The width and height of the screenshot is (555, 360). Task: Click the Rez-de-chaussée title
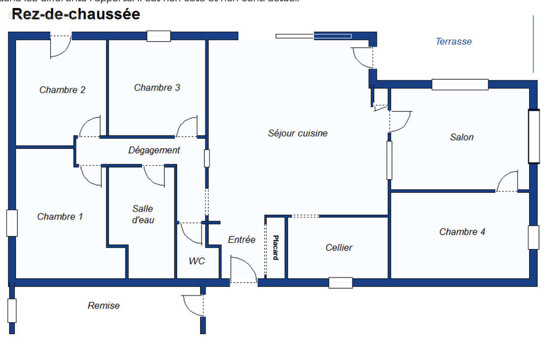76,14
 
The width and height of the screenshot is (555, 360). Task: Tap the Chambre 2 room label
62,90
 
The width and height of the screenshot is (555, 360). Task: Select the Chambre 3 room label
157,87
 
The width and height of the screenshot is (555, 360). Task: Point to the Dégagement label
154,150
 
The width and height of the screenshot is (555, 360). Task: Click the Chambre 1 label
60,217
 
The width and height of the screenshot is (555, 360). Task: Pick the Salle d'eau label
143,214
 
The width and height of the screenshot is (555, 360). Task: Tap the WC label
197,261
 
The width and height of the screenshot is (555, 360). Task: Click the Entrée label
241,240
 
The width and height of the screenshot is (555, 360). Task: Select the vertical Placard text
275,248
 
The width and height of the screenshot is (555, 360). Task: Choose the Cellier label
339,248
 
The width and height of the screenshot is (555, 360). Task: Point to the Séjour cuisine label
298,133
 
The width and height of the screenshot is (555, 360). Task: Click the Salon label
462,137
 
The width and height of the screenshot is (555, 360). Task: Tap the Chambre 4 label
462,232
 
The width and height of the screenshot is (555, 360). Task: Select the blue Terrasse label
454,42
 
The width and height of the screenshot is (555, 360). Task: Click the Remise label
104,305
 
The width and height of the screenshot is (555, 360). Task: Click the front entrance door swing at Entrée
242,271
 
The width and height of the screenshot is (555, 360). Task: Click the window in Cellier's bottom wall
340,283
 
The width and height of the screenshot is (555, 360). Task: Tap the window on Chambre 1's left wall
12,223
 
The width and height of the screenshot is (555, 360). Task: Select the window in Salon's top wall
460,84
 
